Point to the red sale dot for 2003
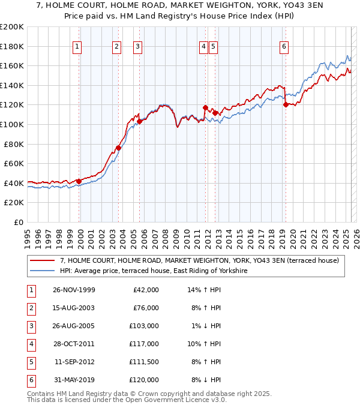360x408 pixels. [x=119, y=148]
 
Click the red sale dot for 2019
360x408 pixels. [x=286, y=104]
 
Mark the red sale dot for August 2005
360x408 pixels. [x=140, y=121]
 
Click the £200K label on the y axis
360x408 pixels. [x=12, y=26]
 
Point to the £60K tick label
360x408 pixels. [x=14, y=163]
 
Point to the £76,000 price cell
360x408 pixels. [x=144, y=308]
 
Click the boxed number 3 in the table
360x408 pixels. [x=30, y=326]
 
